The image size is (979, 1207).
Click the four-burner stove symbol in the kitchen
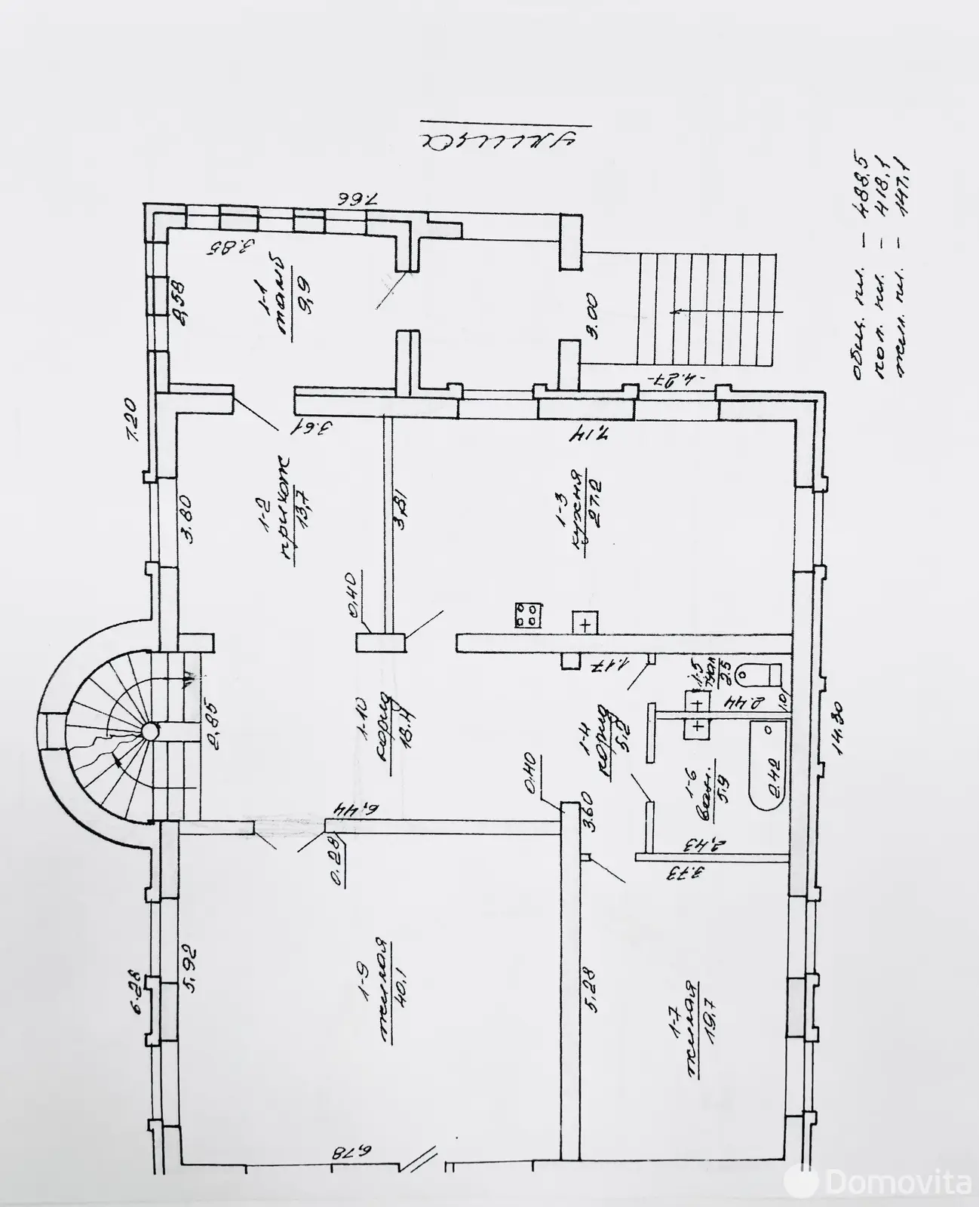pos(528,615)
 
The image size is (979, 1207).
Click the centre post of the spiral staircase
pos(150,730)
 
